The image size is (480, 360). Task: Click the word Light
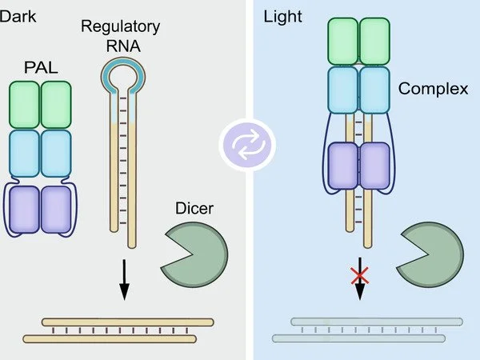click(x=282, y=14)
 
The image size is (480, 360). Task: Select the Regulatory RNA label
click(x=121, y=36)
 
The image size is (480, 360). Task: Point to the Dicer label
click(x=194, y=210)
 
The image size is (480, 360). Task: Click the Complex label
click(x=435, y=88)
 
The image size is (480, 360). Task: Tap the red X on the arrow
click(x=359, y=277)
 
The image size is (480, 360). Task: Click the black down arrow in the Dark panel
click(x=124, y=279)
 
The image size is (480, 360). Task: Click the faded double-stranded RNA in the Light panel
click(x=367, y=330)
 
